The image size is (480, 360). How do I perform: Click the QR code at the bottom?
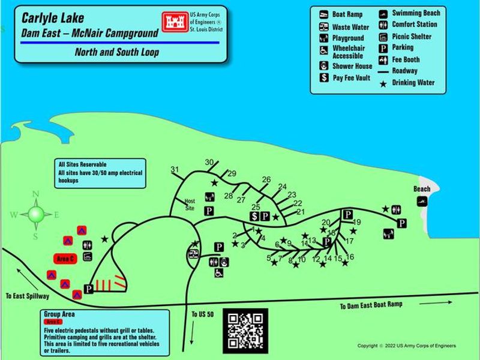(245, 331)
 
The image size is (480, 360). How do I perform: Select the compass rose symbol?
(35, 213)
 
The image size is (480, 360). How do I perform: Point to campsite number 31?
(175, 169)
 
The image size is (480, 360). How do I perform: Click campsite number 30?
(209, 162)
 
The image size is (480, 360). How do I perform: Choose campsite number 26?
(266, 179)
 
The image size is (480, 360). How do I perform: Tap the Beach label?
(422, 189)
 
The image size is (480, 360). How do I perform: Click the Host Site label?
(190, 204)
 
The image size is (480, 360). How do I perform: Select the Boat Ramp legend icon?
(322, 14)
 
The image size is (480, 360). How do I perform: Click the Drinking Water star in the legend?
(383, 83)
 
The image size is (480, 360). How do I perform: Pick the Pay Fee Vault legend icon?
(322, 78)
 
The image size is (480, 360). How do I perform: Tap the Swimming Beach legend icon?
(383, 13)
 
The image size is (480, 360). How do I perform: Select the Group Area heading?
(59, 314)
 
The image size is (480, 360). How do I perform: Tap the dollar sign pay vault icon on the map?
(254, 216)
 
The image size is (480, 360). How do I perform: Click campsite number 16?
(350, 257)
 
